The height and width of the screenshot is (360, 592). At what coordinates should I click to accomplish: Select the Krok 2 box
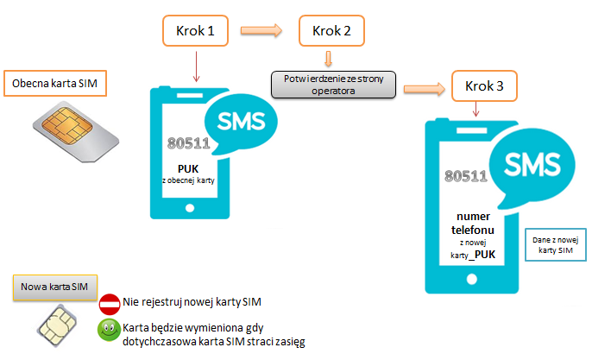tap(331, 31)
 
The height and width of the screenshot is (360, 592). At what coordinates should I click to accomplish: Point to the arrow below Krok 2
tap(329, 59)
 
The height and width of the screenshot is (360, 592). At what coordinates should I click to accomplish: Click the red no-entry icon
tap(110, 304)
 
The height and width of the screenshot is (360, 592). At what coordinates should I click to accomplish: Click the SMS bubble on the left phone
tap(242, 120)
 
